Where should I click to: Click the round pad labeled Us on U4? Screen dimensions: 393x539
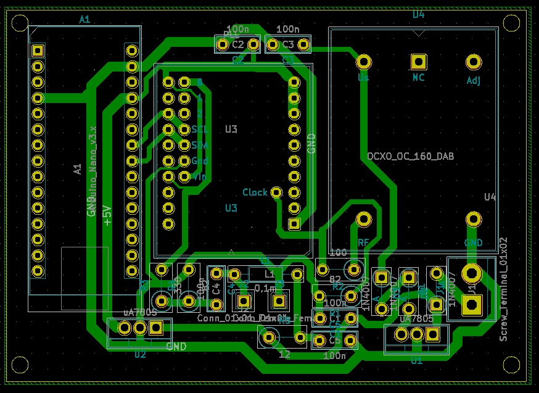coord(364,62)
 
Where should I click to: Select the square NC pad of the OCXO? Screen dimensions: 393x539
coord(419,62)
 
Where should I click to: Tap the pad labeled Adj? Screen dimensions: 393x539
coord(473,62)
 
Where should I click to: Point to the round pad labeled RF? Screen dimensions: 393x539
coord(364,219)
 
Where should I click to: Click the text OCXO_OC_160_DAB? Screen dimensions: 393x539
coord(410,157)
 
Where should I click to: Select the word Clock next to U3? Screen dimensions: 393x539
coord(255,192)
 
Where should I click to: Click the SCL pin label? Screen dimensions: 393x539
coord(200,130)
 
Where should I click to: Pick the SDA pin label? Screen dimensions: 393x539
coord(200,146)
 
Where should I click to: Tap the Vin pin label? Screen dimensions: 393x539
coord(200,176)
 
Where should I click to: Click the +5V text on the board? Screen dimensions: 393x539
coord(107,215)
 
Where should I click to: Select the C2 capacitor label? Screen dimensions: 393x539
coord(238,44)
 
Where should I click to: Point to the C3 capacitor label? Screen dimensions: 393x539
coord(288,44)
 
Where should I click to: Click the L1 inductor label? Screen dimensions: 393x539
coord(269,273)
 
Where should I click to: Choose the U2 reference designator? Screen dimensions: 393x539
coord(140,354)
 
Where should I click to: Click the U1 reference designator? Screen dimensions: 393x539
coord(417,360)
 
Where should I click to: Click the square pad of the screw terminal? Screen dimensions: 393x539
coord(472,304)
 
